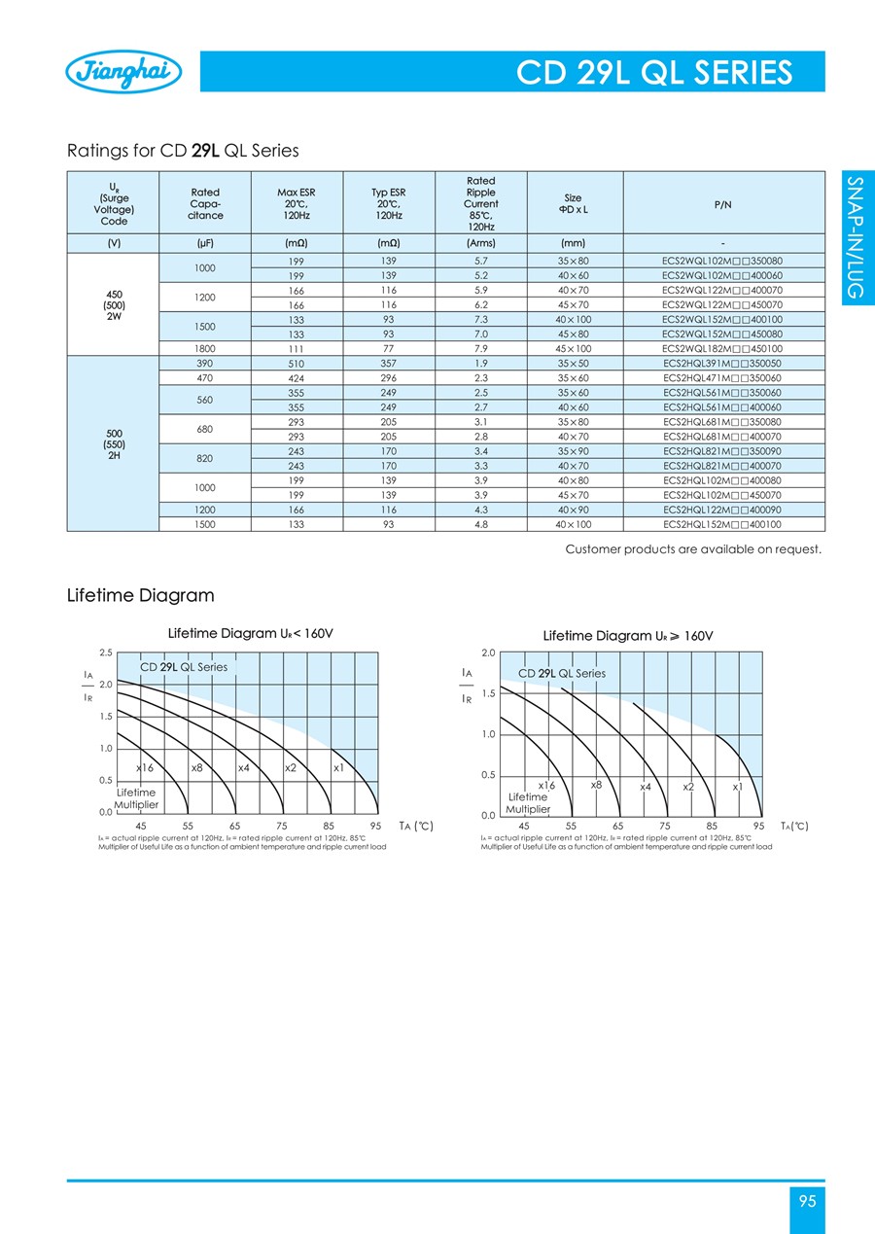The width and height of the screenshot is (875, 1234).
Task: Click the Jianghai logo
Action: coord(122,72)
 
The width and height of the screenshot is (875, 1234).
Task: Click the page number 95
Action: coord(807,1201)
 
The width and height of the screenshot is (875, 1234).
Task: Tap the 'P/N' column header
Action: coord(722,205)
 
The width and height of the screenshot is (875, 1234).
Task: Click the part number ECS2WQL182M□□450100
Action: coord(722,348)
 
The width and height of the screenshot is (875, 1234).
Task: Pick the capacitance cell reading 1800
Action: coord(205,348)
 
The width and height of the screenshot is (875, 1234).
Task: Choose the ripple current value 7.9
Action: coord(480,348)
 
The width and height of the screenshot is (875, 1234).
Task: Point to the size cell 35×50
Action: coord(574,363)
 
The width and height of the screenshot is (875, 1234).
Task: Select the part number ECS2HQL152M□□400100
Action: coord(722,524)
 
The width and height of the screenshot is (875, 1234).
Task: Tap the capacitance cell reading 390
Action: coord(205,363)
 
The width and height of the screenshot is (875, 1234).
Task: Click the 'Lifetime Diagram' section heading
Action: coord(140,595)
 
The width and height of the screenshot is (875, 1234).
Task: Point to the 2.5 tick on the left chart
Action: coord(106,652)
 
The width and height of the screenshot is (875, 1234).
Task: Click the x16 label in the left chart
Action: coord(145,768)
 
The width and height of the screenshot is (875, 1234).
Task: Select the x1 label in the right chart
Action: coord(738,786)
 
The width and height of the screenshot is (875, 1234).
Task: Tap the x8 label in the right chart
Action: coord(596,784)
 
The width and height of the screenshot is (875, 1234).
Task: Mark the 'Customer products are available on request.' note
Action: coord(693,549)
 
